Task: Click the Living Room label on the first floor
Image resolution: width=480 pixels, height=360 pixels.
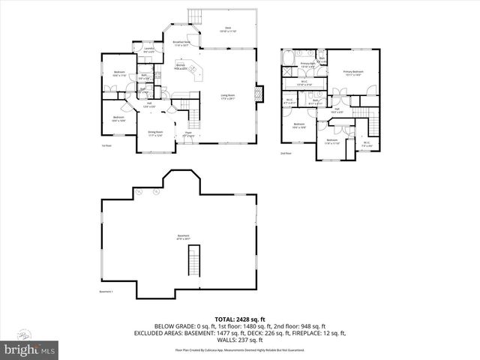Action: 227,96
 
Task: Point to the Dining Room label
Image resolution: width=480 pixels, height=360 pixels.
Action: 155,134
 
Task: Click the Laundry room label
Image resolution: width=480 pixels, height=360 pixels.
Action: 148,50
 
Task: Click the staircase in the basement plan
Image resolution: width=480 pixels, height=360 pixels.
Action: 193,262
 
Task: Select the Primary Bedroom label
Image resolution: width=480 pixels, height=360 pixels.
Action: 352,73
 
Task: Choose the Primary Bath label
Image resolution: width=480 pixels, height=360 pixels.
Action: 308,65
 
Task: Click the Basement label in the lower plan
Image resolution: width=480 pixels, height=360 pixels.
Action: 183,236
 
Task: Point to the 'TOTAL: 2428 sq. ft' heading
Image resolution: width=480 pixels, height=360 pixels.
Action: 240,319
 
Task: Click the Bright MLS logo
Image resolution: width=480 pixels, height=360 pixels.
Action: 30,349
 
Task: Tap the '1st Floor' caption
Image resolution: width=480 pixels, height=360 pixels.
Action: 106,145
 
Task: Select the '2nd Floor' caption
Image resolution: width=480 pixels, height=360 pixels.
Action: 286,153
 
